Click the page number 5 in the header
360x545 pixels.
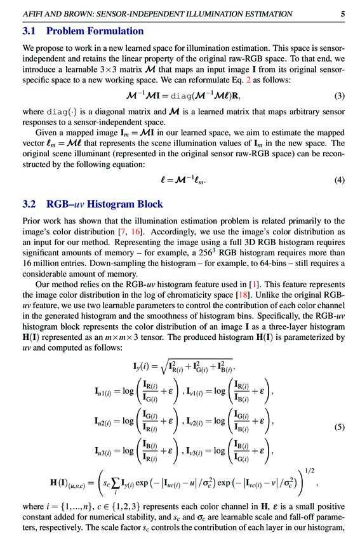(x=343, y=13)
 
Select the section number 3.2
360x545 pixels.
(x=29, y=204)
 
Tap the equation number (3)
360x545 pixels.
(x=340, y=97)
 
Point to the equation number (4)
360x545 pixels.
(x=340, y=180)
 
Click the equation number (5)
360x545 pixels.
(x=340, y=427)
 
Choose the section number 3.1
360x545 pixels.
(x=29, y=31)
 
